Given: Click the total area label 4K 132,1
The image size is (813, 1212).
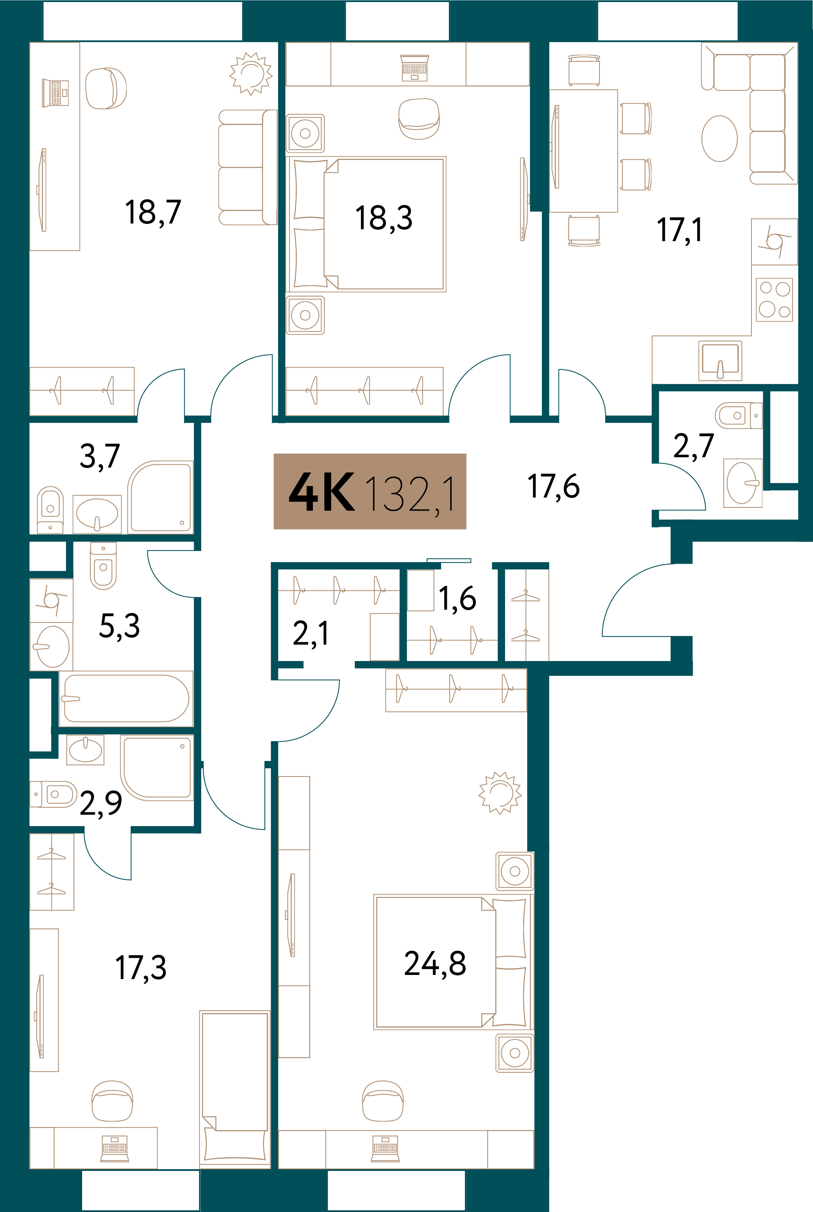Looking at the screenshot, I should pyautogui.click(x=370, y=491).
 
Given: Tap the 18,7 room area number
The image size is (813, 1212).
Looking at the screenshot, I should pyautogui.click(x=153, y=212).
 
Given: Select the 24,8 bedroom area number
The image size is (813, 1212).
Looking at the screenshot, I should pyautogui.click(x=435, y=963).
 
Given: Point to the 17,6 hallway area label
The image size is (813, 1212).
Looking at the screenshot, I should pyautogui.click(x=553, y=487).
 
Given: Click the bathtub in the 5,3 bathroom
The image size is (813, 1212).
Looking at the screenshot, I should pyautogui.click(x=126, y=698).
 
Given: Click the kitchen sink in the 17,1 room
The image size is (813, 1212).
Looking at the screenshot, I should pyautogui.click(x=720, y=359).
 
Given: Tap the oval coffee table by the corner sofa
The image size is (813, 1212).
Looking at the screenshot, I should pyautogui.click(x=719, y=138).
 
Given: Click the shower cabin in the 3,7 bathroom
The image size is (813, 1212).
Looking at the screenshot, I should pyautogui.click(x=161, y=497).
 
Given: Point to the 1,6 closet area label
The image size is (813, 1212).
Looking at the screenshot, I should pyautogui.click(x=457, y=599).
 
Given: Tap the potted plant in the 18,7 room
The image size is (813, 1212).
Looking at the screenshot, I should pyautogui.click(x=251, y=73).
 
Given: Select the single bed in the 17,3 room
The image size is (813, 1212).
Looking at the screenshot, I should pyautogui.click(x=235, y=1088).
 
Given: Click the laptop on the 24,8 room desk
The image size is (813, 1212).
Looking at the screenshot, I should pyautogui.click(x=385, y=1149).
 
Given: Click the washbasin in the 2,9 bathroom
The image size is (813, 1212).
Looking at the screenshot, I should pyautogui.click(x=85, y=750).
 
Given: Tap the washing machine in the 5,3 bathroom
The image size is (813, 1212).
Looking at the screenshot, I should pyautogui.click(x=51, y=601).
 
